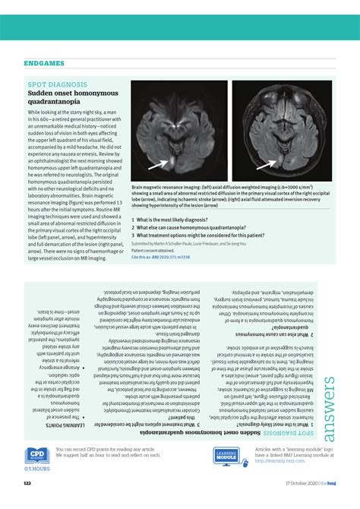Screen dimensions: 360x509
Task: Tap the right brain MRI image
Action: pos(282,131)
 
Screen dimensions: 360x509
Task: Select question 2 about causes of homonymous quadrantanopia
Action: pos(186,227)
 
